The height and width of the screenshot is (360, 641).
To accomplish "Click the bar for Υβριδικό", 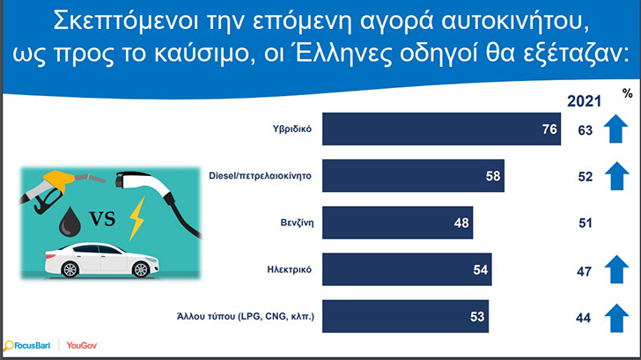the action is pos(441,129).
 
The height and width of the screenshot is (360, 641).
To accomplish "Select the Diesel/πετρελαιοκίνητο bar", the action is pos(413,176).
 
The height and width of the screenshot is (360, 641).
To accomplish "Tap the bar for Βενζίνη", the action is pos(397,223).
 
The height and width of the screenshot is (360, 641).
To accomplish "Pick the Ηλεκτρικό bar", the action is pos(407,269).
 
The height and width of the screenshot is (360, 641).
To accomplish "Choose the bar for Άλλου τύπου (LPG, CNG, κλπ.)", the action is pos(405,316).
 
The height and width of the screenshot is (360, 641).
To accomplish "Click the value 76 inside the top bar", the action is pos(549,129).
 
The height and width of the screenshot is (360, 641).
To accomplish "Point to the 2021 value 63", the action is pos(585,130).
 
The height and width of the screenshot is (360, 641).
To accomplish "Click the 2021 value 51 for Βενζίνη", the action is pos(585,223).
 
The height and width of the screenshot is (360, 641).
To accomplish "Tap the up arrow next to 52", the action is pos(616,176).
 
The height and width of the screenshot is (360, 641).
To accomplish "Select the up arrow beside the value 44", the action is pos(616,319).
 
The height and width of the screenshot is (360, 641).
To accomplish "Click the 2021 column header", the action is pos(584,101).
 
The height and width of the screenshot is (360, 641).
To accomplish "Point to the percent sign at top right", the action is pos(628,93).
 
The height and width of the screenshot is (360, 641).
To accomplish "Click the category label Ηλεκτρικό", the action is pos(289,269).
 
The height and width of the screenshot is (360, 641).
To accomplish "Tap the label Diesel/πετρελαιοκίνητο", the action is pos(260,176).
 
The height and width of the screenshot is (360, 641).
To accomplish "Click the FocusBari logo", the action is pos(26,346).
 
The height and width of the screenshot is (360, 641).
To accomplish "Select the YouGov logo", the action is pos(82,346).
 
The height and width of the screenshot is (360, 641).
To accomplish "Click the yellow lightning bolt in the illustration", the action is pos(136,218).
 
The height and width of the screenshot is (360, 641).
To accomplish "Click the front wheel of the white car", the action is pos(141,269).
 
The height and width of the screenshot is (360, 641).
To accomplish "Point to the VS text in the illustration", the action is pos(103,218).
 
